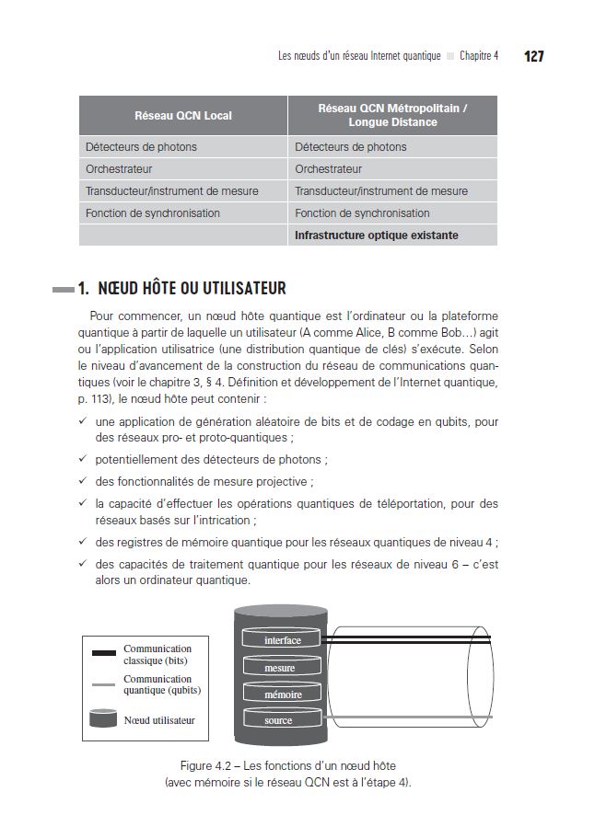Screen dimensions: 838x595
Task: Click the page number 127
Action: (534, 56)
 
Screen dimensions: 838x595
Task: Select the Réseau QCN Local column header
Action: (183, 116)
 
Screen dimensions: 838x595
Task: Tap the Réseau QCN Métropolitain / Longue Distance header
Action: (392, 115)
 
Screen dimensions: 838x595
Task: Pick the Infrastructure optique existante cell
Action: (377, 235)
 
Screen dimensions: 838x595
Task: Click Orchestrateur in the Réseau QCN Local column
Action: (119, 169)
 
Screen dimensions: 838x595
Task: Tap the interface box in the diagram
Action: (282, 640)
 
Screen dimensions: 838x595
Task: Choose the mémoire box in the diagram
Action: (282, 695)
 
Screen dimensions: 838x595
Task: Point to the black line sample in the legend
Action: (104, 654)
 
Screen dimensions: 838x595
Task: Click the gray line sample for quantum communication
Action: (104, 684)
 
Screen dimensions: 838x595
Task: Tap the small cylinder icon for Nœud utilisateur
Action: (103, 718)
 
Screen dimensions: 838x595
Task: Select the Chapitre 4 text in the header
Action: (479, 56)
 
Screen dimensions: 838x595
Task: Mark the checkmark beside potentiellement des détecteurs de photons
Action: (83, 459)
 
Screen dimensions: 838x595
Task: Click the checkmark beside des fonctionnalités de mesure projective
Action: (83, 481)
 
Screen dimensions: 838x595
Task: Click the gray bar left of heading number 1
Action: (63, 289)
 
